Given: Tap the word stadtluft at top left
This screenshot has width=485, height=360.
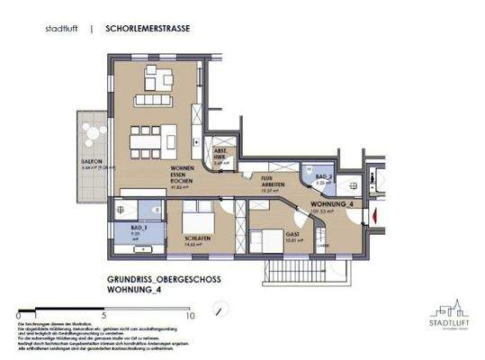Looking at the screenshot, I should (x=61, y=29).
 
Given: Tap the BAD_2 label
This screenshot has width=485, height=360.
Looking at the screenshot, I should (x=320, y=177).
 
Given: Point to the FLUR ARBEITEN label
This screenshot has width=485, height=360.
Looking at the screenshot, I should (x=270, y=182).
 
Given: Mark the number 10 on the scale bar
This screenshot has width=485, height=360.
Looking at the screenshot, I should (x=190, y=316).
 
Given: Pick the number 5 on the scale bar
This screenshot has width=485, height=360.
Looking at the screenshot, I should (x=104, y=316).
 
